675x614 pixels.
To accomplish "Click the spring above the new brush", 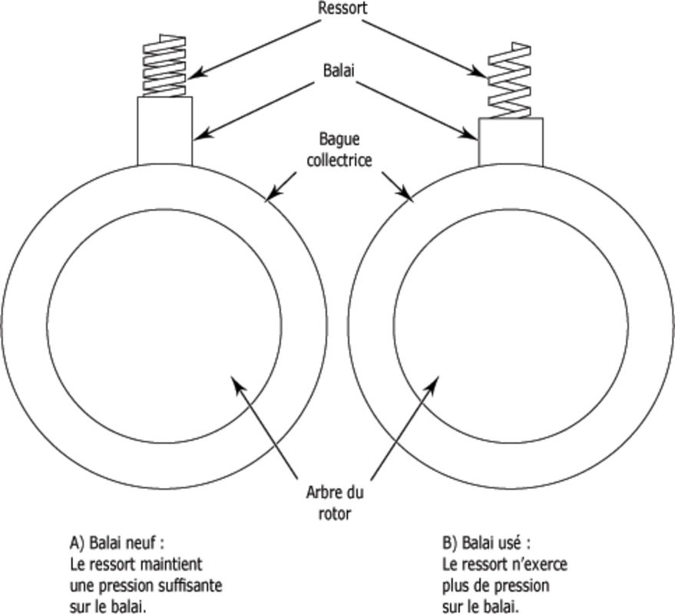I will (x=164, y=66).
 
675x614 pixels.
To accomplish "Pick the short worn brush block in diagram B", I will (x=511, y=141).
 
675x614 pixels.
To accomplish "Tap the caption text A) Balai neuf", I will (x=117, y=543).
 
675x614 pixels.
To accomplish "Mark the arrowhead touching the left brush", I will (x=197, y=137).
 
